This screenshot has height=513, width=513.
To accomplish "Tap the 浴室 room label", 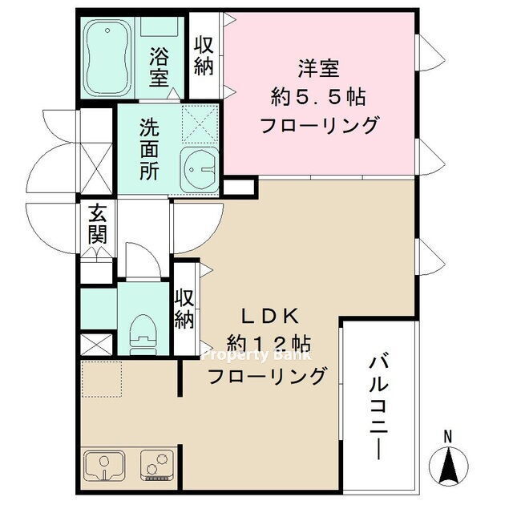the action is (159, 67).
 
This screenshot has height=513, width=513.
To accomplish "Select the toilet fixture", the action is (143, 335).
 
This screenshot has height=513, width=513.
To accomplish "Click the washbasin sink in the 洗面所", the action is (200, 171).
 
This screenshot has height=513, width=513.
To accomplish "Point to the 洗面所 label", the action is (149, 149).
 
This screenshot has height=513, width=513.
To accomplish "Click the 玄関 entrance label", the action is (98, 224).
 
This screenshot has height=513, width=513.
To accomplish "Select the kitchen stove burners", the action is (157, 465).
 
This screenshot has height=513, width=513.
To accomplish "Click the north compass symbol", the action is (448, 466).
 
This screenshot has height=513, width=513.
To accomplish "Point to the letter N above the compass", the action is (448, 436).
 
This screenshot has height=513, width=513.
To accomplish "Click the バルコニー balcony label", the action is (379, 408).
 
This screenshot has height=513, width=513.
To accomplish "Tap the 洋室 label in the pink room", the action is (318, 68).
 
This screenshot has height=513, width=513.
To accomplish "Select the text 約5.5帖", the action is (318, 97).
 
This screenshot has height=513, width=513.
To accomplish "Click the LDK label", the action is (270, 317).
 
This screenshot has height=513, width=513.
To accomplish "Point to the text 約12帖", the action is (269, 344).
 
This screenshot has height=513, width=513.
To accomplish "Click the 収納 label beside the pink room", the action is (204, 56).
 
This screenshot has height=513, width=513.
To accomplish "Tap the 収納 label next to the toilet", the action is (184, 309).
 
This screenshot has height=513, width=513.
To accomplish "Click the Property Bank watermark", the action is (256, 355).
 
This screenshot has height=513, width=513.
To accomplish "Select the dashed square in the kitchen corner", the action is (102, 379).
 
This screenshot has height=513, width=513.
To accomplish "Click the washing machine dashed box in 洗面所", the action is (200, 124).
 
